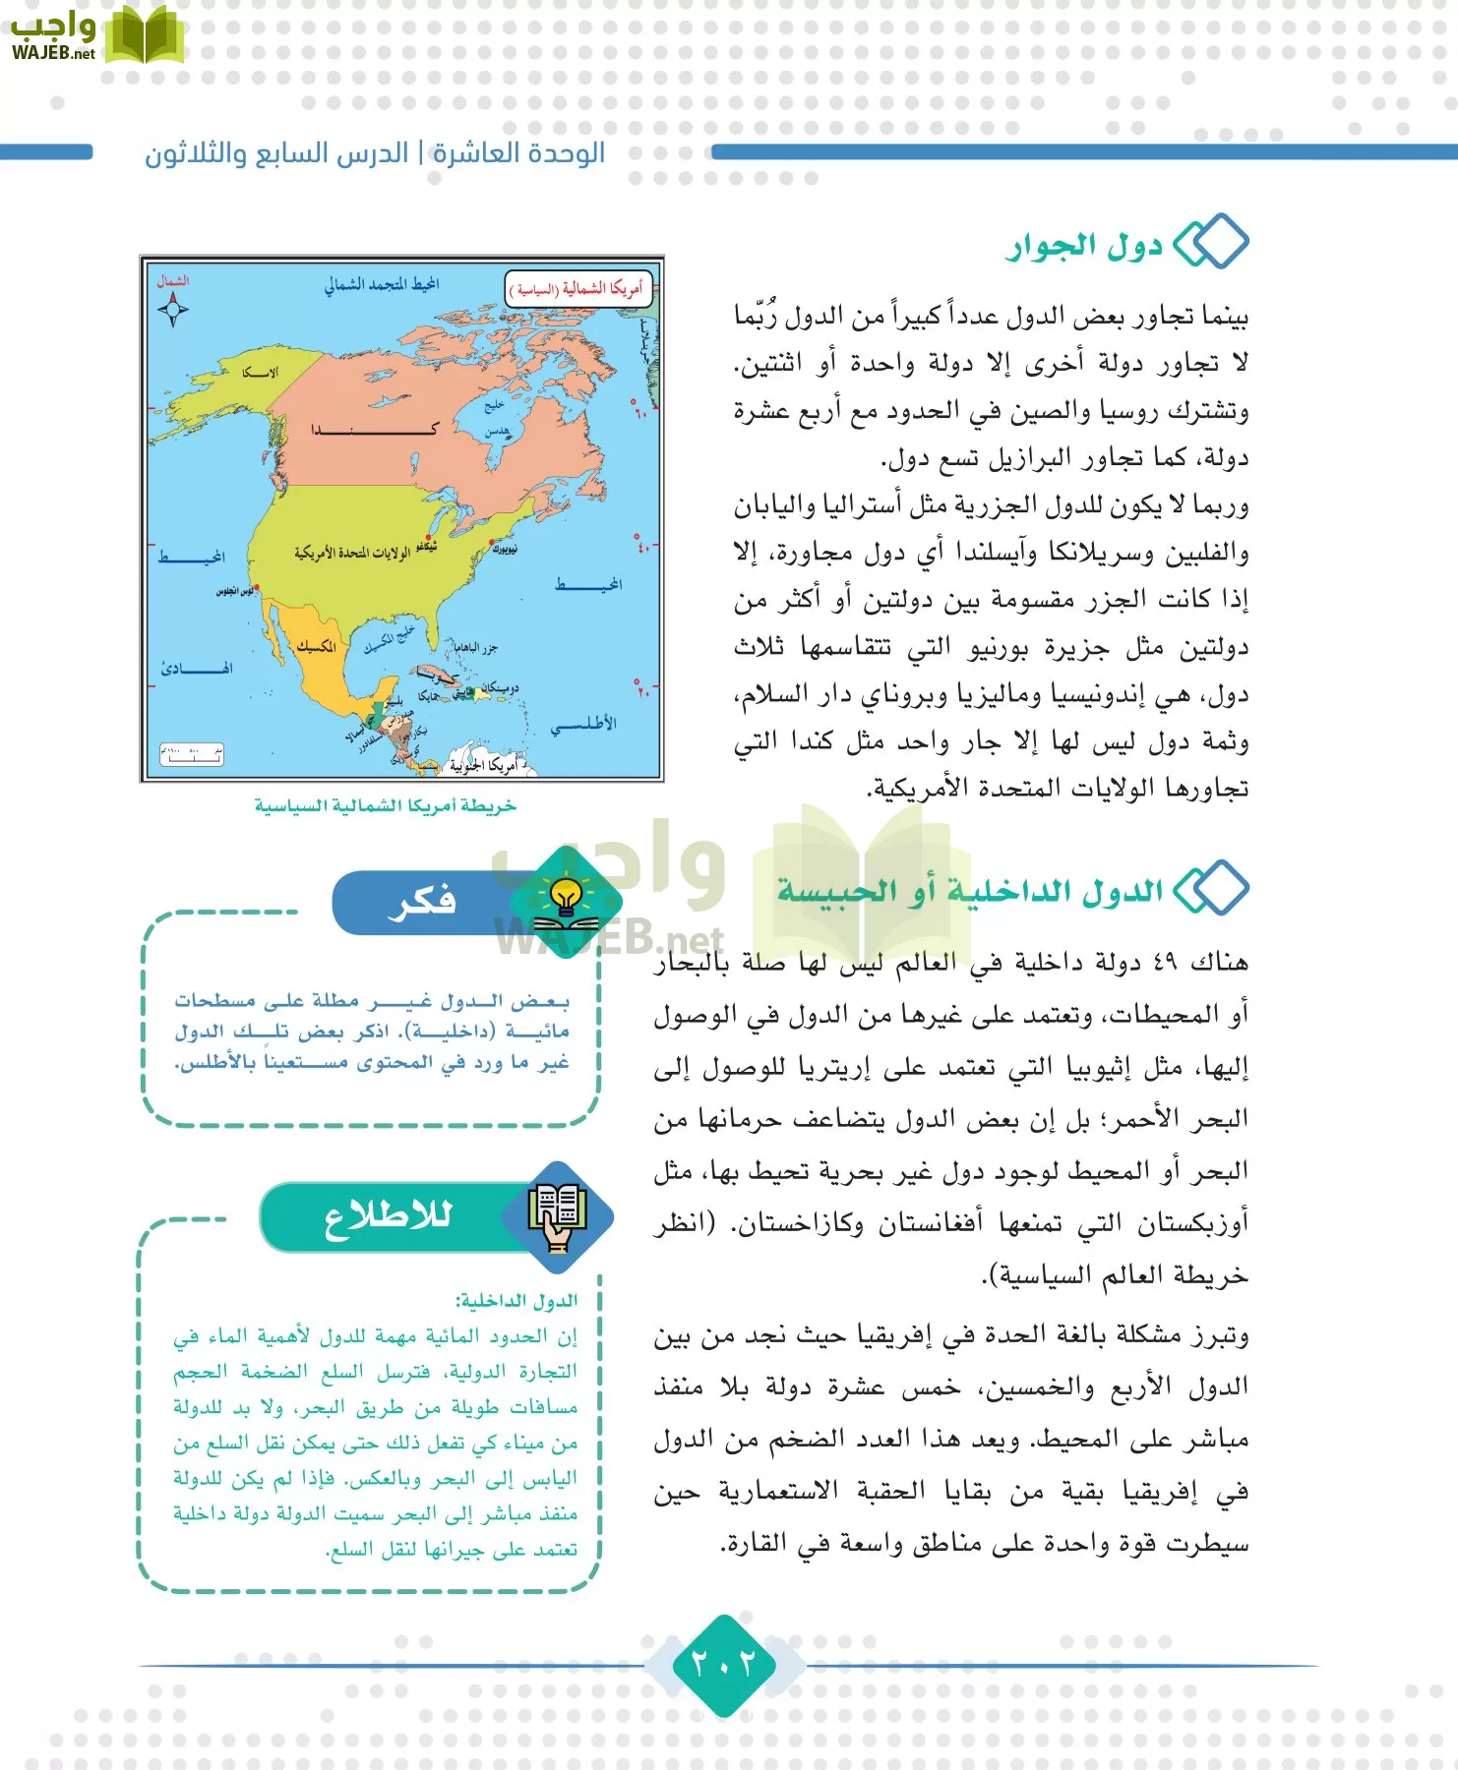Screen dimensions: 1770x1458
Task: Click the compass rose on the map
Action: pyautogui.click(x=173, y=310)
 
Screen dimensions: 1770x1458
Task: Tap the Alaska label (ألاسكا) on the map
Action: pyautogui.click(x=261, y=373)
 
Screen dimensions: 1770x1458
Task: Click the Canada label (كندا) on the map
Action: pyautogui.click(x=374, y=430)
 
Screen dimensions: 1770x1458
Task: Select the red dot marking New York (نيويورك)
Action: pyautogui.click(x=492, y=542)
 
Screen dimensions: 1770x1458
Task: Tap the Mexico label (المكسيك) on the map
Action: pyautogui.click(x=317, y=646)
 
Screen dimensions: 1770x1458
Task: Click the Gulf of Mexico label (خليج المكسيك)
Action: pyautogui.click(x=390, y=641)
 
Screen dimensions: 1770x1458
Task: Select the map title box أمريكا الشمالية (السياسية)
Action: pyautogui.click(x=578, y=288)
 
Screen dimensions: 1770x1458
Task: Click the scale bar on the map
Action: pyautogui.click(x=192, y=755)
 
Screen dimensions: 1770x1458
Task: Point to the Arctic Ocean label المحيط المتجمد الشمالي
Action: pyautogui.click(x=382, y=285)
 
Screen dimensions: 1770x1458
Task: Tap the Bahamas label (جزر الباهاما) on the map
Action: pyautogui.click(x=475, y=647)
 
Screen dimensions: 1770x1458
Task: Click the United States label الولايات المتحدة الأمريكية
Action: pyautogui.click(x=351, y=553)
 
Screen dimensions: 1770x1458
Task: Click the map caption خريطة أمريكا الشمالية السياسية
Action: pyautogui.click(x=386, y=806)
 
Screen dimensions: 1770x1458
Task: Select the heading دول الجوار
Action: pyautogui.click(x=1084, y=246)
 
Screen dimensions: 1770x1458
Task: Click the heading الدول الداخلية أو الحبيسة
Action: pyautogui.click(x=970, y=891)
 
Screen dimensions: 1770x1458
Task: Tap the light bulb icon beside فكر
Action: pyautogui.click(x=566, y=899)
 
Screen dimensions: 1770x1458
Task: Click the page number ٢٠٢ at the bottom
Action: pyautogui.click(x=724, y=1664)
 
